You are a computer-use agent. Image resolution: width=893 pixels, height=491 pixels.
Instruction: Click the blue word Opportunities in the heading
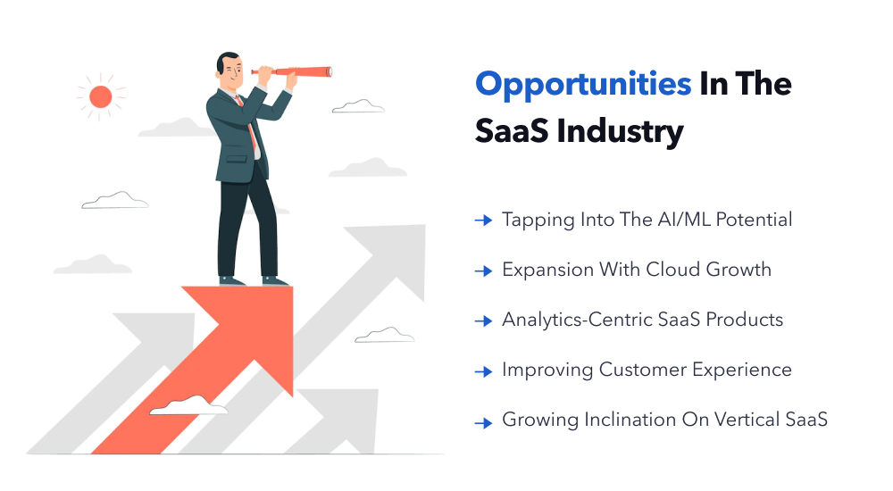click(583, 85)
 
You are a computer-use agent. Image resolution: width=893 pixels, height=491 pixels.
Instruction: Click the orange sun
click(101, 96)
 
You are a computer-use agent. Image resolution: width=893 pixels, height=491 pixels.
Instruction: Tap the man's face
click(231, 74)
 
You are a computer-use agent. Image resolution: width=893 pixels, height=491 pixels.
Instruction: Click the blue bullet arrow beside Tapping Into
click(483, 220)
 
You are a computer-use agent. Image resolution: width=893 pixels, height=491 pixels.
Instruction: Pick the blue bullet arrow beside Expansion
click(483, 270)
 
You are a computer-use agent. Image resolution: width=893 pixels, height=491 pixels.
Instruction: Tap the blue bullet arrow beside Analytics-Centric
click(483, 320)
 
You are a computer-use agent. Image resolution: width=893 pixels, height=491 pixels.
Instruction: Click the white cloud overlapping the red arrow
click(188, 406)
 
